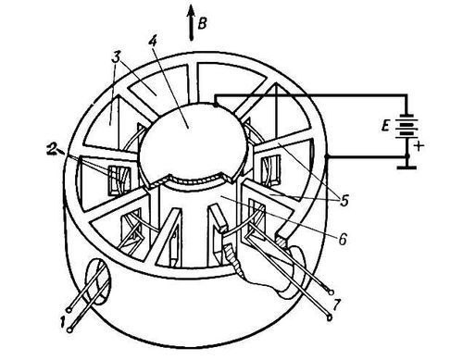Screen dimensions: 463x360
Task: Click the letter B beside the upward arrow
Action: tap(202, 23)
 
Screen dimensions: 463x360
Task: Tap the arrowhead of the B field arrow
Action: tap(192, 12)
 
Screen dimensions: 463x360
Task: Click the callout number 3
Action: tap(116, 58)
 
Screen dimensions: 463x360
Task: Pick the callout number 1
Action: tap(63, 322)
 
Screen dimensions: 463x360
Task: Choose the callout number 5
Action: tap(344, 201)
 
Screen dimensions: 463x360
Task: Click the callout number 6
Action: tap(343, 239)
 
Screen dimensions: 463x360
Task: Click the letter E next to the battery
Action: tap(385, 126)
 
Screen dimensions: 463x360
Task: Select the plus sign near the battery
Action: tap(419, 146)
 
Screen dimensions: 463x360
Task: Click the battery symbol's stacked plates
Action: tap(407, 127)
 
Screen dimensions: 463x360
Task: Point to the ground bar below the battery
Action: tap(407, 168)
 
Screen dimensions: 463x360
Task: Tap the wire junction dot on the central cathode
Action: tap(216, 106)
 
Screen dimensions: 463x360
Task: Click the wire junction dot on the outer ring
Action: tap(326, 156)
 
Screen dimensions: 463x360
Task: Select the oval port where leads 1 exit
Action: tap(97, 281)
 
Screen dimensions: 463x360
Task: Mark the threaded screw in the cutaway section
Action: tap(233, 258)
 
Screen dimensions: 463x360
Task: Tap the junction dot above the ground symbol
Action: tap(407, 156)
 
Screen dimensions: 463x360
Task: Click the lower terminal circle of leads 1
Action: tap(70, 330)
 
